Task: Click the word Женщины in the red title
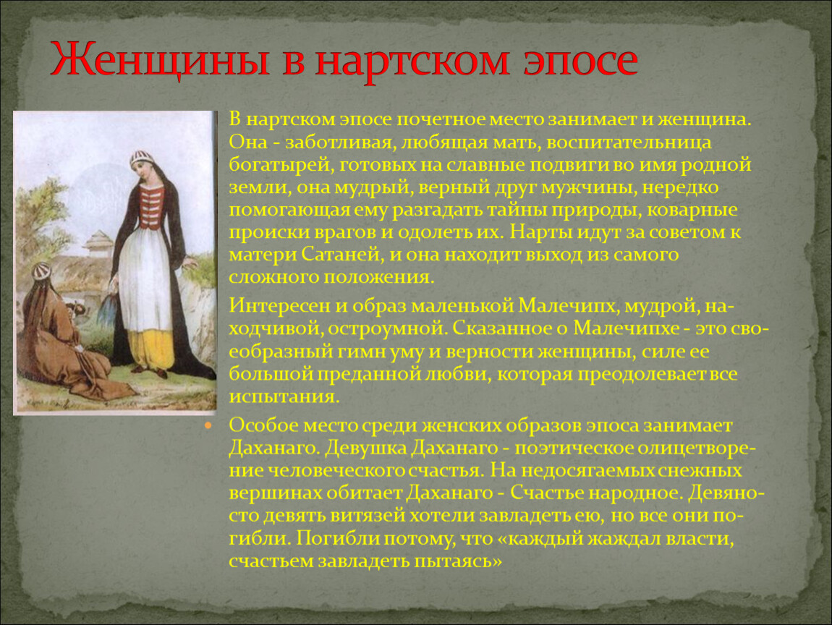[x=161, y=59]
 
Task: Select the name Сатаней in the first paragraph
[x=342, y=254]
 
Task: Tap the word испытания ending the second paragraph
[x=284, y=397]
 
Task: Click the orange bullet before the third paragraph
[x=208, y=425]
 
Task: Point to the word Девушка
[x=365, y=448]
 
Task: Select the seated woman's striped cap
[x=41, y=271]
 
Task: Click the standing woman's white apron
[x=145, y=279]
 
